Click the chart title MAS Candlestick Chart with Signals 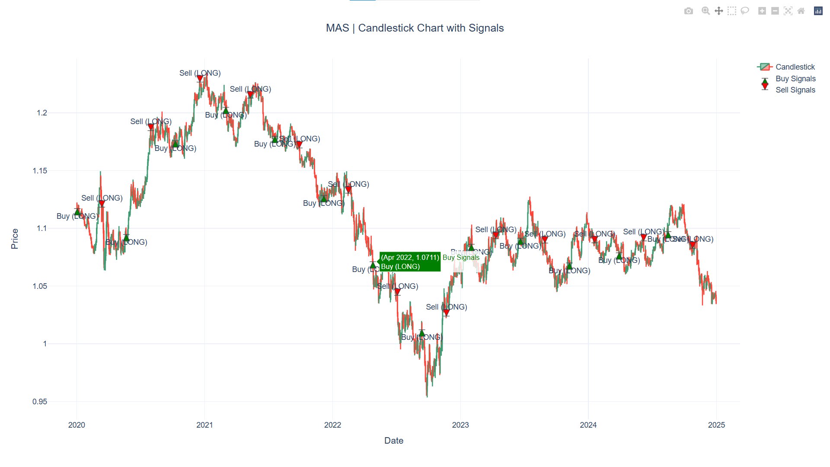pyautogui.click(x=415, y=28)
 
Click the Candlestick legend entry pyautogui.click(x=795, y=67)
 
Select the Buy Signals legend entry pyautogui.click(x=795, y=79)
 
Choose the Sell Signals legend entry pyautogui.click(x=795, y=90)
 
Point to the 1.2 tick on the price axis pyautogui.click(x=42, y=113)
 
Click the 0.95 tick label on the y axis pyautogui.click(x=40, y=402)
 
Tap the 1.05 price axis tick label pyautogui.click(x=40, y=286)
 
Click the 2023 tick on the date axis pyautogui.click(x=460, y=425)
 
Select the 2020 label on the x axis pyautogui.click(x=77, y=425)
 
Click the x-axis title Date pyautogui.click(x=393, y=441)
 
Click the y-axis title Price pyautogui.click(x=15, y=239)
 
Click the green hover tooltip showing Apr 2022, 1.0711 pyautogui.click(x=410, y=262)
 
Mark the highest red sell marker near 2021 pyautogui.click(x=200, y=78)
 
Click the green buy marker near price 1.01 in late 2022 pyautogui.click(x=422, y=333)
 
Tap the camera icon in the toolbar pyautogui.click(x=689, y=11)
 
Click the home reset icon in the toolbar pyautogui.click(x=801, y=11)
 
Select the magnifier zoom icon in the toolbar pyautogui.click(x=705, y=11)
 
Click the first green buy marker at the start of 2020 pyautogui.click(x=77, y=212)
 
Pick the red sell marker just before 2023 pyautogui.click(x=447, y=312)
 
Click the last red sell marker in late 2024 pyautogui.click(x=693, y=245)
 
